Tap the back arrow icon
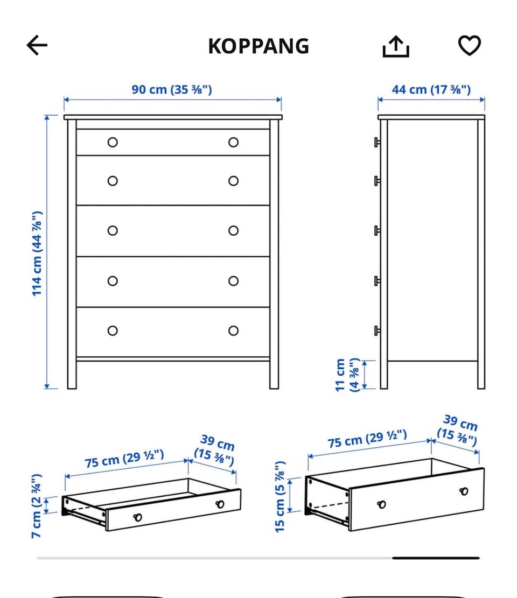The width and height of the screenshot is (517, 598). point(37,45)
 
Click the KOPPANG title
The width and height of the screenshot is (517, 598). point(258,46)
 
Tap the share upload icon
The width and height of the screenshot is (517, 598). point(396,46)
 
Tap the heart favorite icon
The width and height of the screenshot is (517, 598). point(469,45)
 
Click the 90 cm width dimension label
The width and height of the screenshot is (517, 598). point(172,90)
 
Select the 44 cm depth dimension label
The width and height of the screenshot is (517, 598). point(431,90)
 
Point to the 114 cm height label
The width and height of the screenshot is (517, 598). point(37,253)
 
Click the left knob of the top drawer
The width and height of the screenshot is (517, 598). point(113,142)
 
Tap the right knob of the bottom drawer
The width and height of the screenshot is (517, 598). point(234,330)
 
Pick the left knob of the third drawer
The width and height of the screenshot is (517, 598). point(113,231)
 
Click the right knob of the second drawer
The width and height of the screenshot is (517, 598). point(234,181)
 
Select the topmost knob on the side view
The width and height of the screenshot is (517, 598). point(377,142)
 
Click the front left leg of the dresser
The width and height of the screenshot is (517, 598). point(72,374)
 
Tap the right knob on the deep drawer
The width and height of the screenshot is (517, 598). point(464,491)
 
